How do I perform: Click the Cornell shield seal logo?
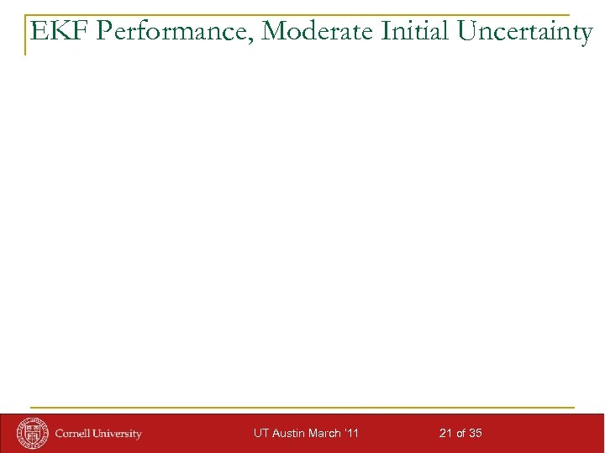coord(34,432)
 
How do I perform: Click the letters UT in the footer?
coord(260,434)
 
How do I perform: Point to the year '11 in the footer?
coord(353,434)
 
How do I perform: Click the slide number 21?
coord(445,434)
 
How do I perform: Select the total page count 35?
coord(475,434)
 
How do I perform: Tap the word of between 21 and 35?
coord(460,434)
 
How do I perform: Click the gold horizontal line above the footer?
coord(302,408)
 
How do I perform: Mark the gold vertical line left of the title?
coord(24,35)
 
